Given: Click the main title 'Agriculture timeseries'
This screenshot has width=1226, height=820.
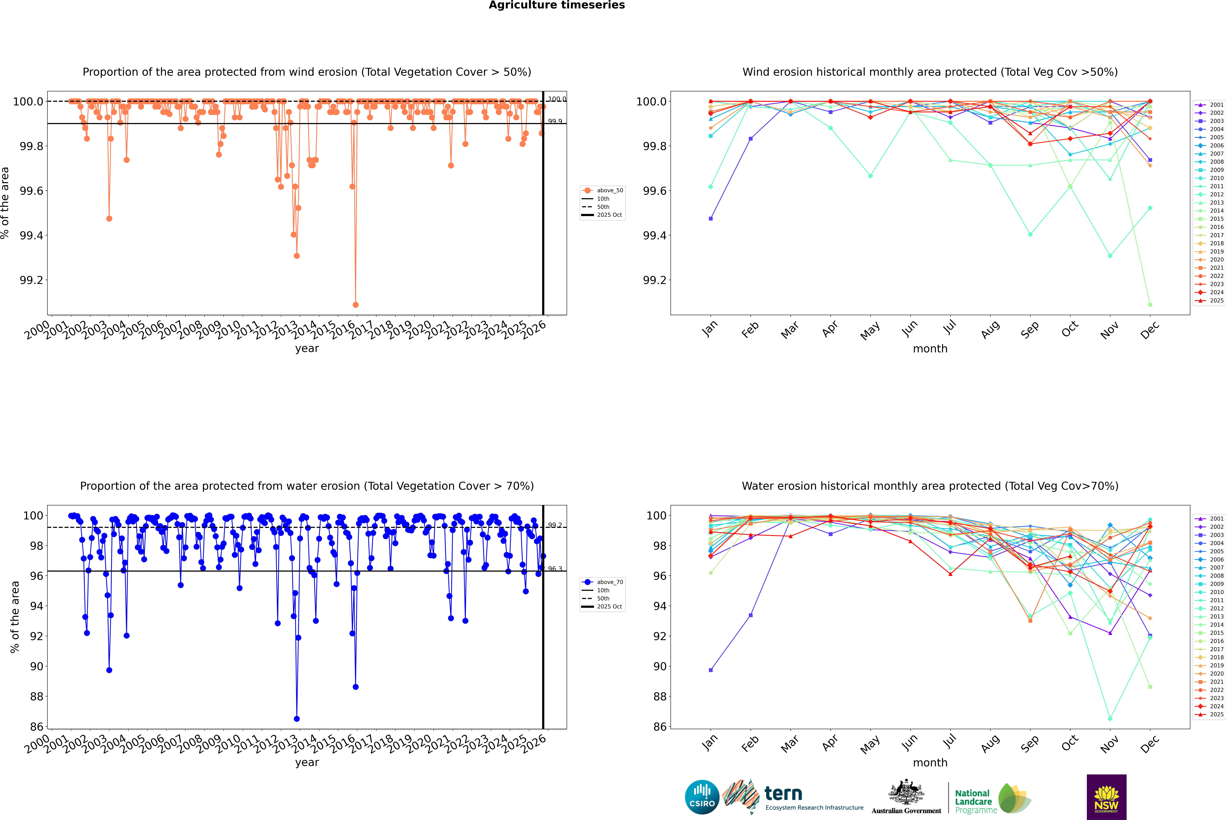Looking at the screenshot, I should coord(557,5).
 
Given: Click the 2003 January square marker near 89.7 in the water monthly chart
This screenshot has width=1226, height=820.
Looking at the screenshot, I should coord(711,670).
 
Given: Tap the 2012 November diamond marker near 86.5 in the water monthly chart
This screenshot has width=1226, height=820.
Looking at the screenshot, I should coord(1110,719).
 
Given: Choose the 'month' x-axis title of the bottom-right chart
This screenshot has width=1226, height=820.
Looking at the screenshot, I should coord(930,763).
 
